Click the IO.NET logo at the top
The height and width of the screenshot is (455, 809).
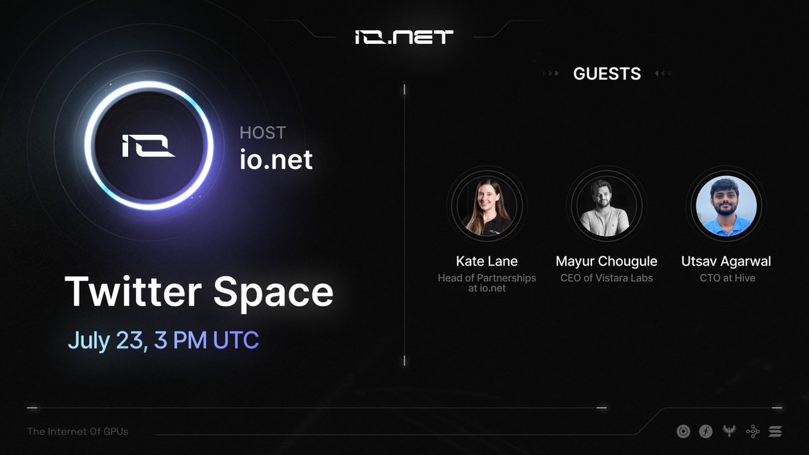(404, 37)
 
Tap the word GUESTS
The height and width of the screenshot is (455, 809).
(607, 73)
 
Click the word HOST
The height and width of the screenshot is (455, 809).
(262, 133)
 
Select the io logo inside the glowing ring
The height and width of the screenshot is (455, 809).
(148, 146)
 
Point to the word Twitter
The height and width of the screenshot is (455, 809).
(133, 291)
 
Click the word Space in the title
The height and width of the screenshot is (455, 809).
(274, 293)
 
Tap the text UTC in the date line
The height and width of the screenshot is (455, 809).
(236, 340)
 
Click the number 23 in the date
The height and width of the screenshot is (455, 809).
(129, 340)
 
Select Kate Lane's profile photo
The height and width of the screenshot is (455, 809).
(487, 206)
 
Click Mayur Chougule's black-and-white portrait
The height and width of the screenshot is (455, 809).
(606, 206)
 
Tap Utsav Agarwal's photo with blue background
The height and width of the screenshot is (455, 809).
(726, 206)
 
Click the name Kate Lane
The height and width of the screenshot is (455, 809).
(487, 261)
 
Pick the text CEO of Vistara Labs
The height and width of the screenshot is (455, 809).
(606, 278)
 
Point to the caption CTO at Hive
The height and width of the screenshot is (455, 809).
(727, 278)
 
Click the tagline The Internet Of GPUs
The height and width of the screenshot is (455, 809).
(78, 431)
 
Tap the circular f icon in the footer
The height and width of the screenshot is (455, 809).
(706, 431)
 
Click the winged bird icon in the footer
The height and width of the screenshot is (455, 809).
(729, 431)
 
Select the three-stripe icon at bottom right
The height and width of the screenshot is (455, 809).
(775, 431)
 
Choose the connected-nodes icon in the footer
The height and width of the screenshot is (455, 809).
(752, 431)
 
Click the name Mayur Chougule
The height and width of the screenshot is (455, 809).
(606, 262)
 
